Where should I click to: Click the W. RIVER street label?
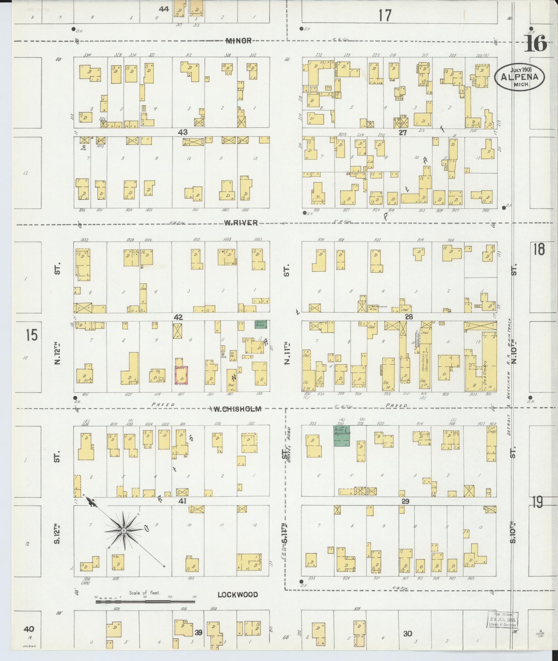(241, 223)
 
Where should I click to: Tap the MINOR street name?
(239, 41)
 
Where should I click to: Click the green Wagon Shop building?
(342, 436)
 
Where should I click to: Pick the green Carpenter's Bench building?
(260, 324)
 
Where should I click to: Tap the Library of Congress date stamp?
(503, 620)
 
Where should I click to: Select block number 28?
(409, 317)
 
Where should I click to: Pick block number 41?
(182, 501)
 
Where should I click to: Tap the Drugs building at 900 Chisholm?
(491, 441)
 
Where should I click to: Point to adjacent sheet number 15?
(32, 335)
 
